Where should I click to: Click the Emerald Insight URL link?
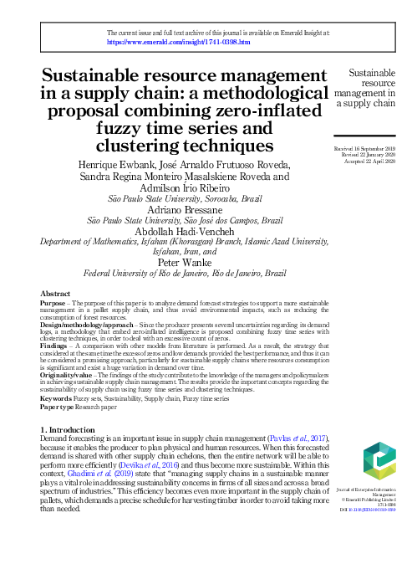click(172, 41)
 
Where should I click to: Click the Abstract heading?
click(55, 295)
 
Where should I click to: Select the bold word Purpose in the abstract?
click(54, 303)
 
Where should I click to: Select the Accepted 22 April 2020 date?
click(370, 161)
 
